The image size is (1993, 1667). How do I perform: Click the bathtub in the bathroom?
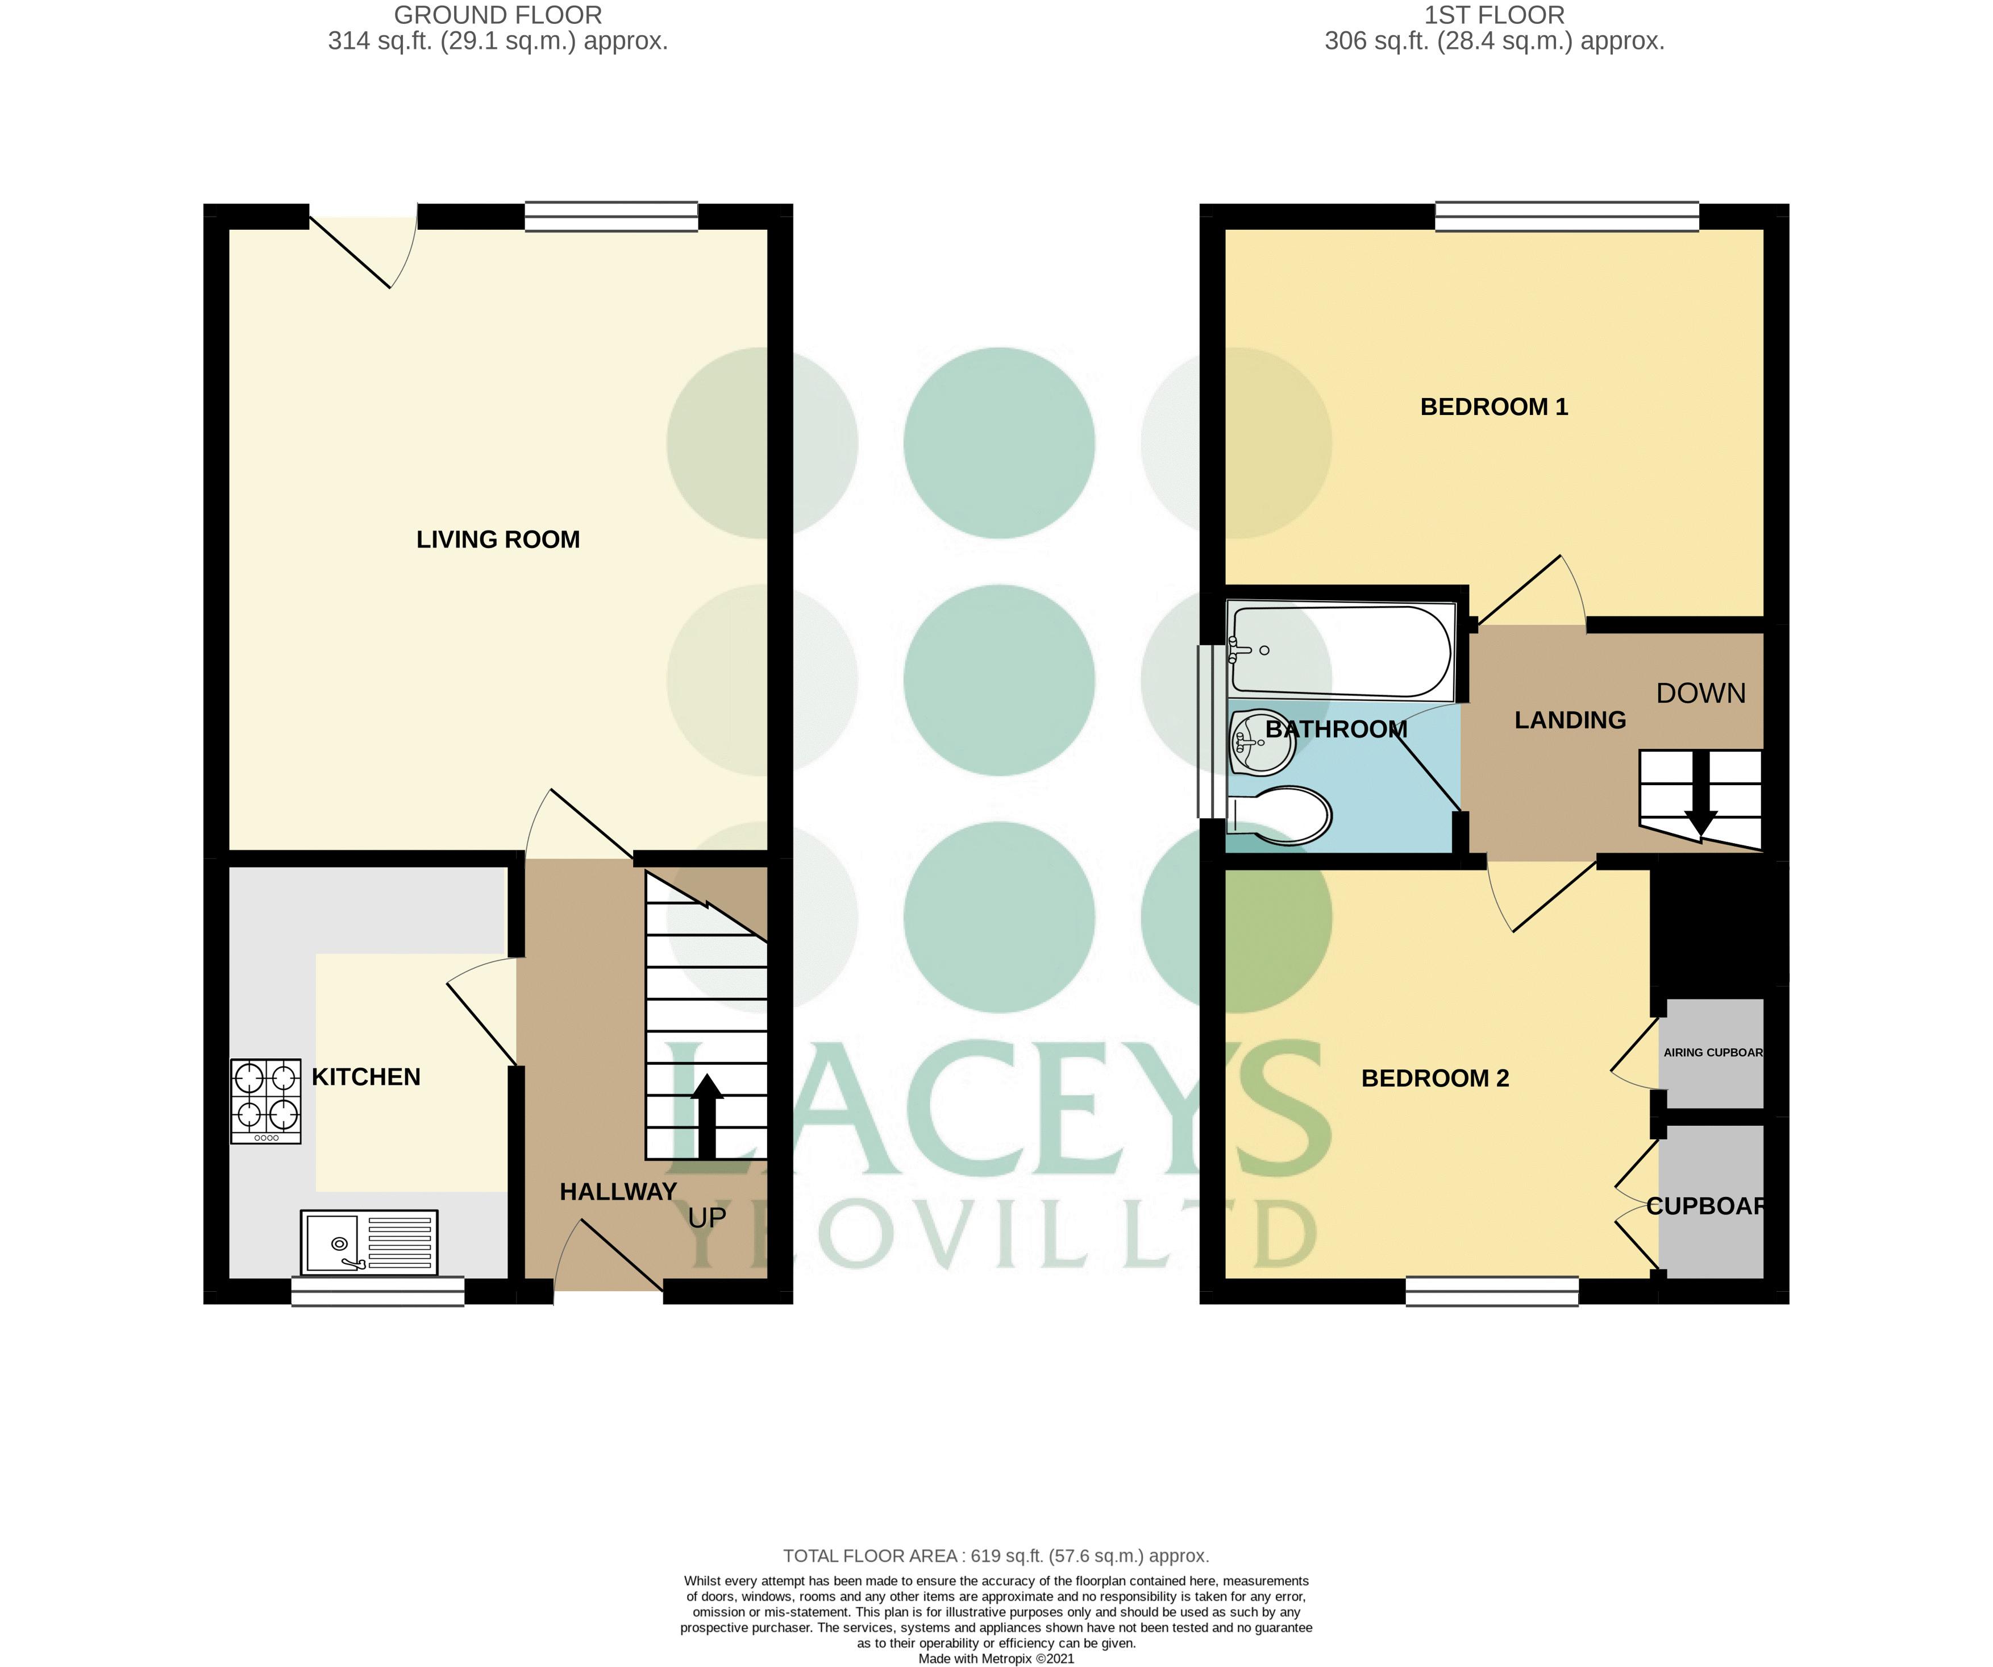point(1340,651)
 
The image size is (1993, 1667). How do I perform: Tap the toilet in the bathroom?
point(1281,815)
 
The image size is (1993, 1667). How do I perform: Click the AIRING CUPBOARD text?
point(1712,1052)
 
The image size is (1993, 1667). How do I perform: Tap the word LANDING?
point(1570,720)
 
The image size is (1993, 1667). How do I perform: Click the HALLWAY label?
point(618,1191)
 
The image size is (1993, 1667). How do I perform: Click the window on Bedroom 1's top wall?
point(1566,217)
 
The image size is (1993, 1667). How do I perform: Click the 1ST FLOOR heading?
point(1494,15)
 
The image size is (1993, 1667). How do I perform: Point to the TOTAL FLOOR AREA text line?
point(996,1556)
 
